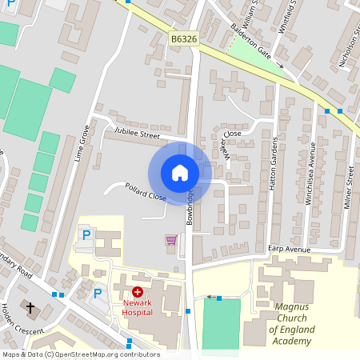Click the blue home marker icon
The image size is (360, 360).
pos(180,172)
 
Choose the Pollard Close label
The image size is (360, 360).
pos(145,193)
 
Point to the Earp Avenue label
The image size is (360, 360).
pos(289,250)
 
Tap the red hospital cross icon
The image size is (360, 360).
pos(138,293)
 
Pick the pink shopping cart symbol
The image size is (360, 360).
pos(170,239)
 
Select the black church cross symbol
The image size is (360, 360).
pos(30,307)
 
